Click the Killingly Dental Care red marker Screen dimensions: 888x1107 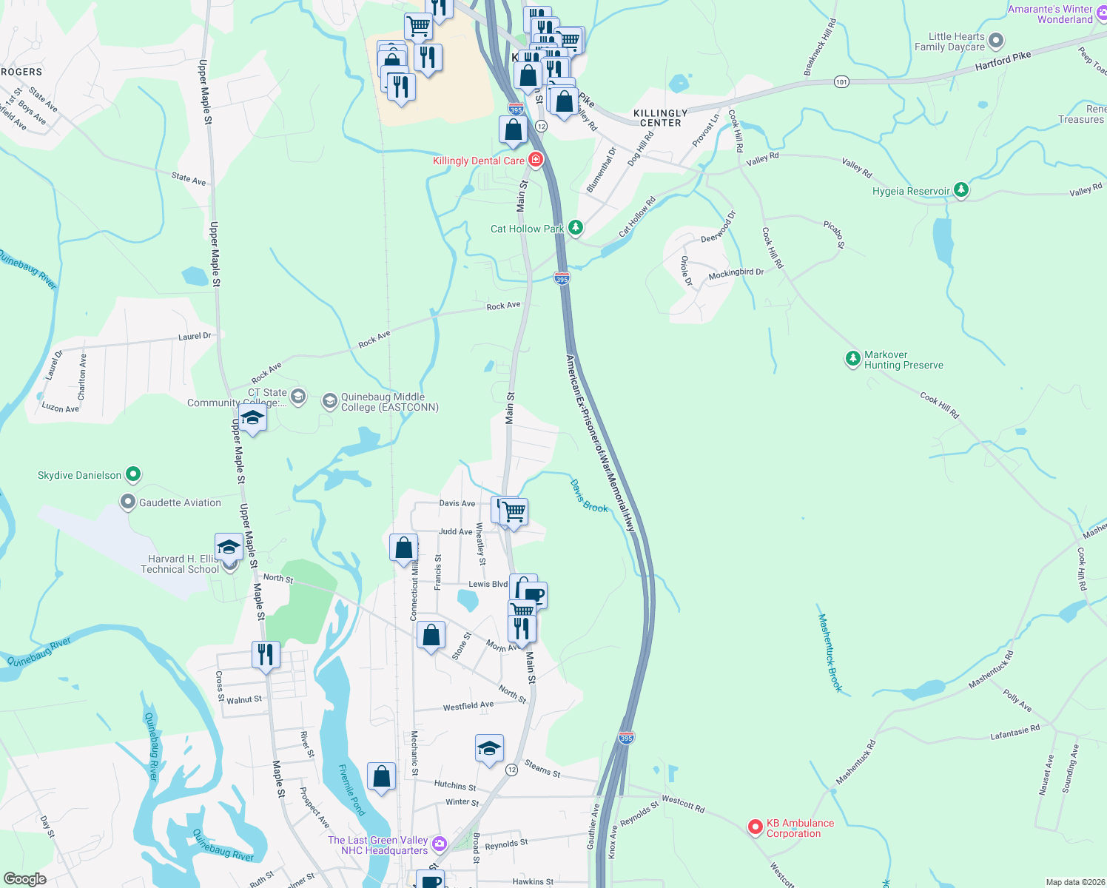click(x=536, y=160)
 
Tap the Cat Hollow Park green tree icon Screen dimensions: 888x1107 click(x=576, y=228)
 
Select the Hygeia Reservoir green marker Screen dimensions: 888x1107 click(x=961, y=190)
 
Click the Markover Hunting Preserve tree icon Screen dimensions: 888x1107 click(x=853, y=359)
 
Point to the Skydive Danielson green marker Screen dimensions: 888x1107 click(x=133, y=474)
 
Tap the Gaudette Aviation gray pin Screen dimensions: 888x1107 click(x=128, y=502)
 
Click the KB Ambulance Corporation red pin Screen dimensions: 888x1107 click(x=755, y=827)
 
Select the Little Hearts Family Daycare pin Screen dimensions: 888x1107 click(x=996, y=41)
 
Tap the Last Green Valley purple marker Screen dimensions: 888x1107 click(x=440, y=844)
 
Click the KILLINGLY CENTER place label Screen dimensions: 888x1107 click(x=661, y=118)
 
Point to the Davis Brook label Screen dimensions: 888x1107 click(x=589, y=496)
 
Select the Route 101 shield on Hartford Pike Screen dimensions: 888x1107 click(x=841, y=81)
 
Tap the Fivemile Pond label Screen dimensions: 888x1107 click(x=351, y=790)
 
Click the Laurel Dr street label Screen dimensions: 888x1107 click(x=195, y=337)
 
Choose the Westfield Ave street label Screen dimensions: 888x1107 click(x=468, y=707)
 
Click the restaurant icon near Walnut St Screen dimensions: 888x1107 click(x=266, y=655)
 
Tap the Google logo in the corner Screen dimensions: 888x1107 click(x=25, y=879)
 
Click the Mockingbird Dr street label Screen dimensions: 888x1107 click(x=736, y=274)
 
